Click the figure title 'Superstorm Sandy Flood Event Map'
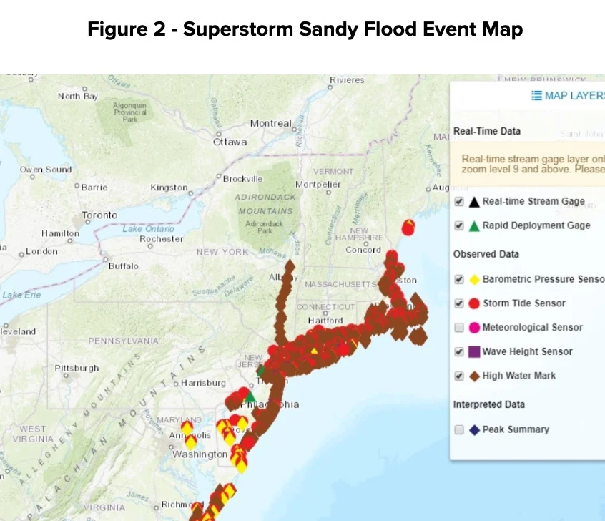pyautogui.click(x=305, y=29)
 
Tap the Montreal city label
pyautogui.click(x=270, y=123)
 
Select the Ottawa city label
pyautogui.click(x=230, y=142)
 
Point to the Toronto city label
pyautogui.click(x=99, y=215)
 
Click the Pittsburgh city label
pyautogui.click(x=77, y=368)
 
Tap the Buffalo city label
pyautogui.click(x=124, y=266)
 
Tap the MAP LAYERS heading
pyautogui.click(x=569, y=96)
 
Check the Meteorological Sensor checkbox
pyautogui.click(x=459, y=328)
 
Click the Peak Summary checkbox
pyautogui.click(x=459, y=429)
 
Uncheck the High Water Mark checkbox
pyautogui.click(x=459, y=376)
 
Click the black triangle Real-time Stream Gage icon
pyautogui.click(x=473, y=202)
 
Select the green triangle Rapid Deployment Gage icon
pyautogui.click(x=473, y=226)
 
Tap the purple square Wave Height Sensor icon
pyautogui.click(x=473, y=351)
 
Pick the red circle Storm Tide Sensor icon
pyautogui.click(x=473, y=303)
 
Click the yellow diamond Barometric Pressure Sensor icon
pyautogui.click(x=473, y=279)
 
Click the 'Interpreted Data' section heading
pyautogui.click(x=488, y=404)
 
